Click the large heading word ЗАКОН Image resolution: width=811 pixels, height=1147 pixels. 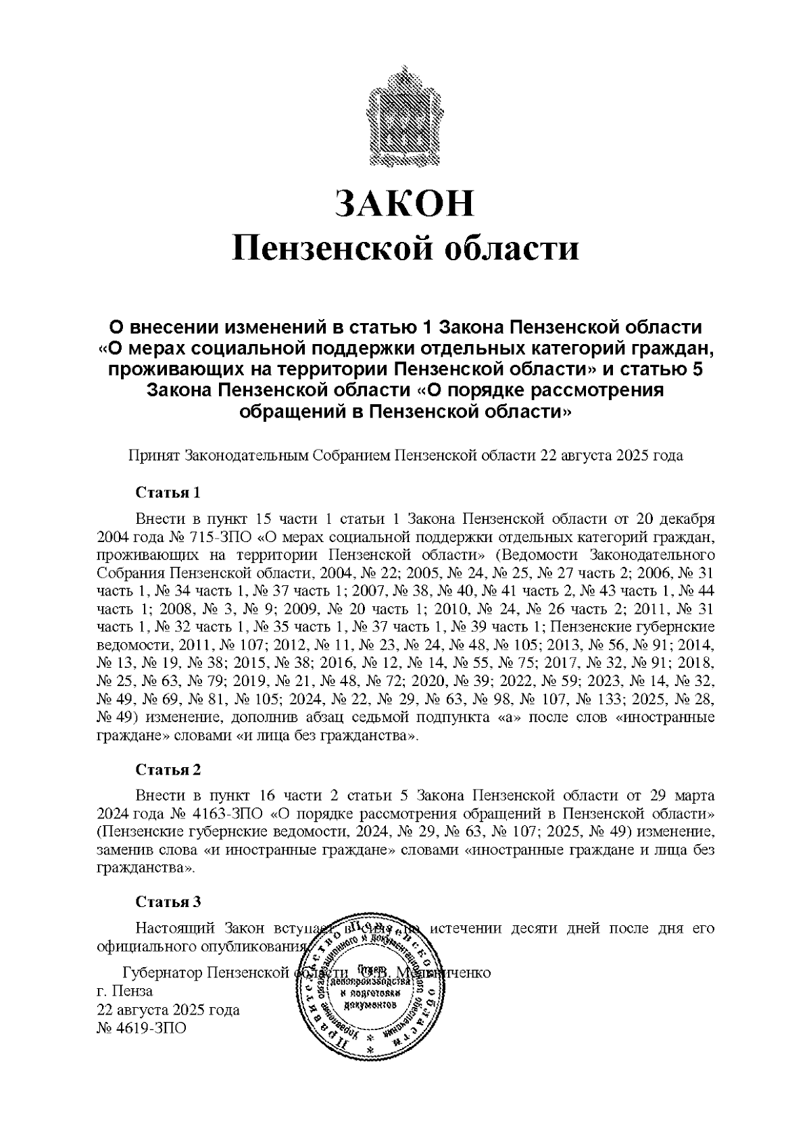(x=405, y=203)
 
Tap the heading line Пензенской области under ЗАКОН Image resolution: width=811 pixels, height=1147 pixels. (x=405, y=248)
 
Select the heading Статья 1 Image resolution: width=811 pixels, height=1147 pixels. (x=168, y=492)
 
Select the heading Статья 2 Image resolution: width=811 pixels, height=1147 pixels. (x=168, y=769)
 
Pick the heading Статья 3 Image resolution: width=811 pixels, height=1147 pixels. (x=168, y=902)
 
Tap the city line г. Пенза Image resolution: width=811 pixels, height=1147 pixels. (x=125, y=992)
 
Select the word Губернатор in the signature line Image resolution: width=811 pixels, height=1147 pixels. (x=162, y=973)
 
